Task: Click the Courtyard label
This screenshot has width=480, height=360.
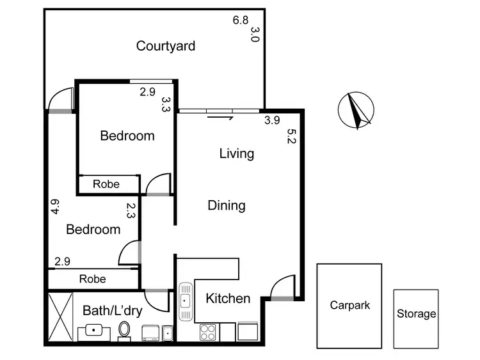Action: (x=166, y=46)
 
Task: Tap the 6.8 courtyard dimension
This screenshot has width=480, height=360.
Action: (x=240, y=20)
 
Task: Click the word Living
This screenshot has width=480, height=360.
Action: (x=236, y=153)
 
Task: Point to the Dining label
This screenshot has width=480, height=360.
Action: (x=227, y=205)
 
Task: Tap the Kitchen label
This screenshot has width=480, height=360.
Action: (x=228, y=299)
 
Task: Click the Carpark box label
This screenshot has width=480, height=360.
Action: (x=349, y=306)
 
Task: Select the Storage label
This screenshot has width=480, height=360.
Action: (x=416, y=314)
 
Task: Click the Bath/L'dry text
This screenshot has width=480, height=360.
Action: (x=112, y=311)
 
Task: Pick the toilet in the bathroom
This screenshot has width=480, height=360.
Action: (x=124, y=331)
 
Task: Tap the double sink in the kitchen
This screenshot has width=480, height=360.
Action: (x=186, y=304)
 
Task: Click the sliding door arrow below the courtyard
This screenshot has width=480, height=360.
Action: (x=221, y=116)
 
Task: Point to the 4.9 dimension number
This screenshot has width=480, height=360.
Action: (x=55, y=207)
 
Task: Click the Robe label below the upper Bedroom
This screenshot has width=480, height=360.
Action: (x=106, y=184)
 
